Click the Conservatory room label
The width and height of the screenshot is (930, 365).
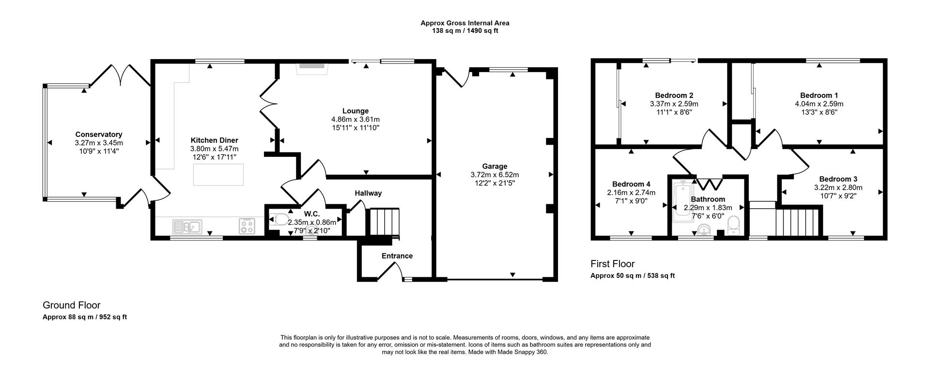pyautogui.click(x=98, y=135)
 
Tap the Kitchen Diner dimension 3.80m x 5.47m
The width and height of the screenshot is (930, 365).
pyautogui.click(x=214, y=149)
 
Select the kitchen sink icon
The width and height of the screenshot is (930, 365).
pyautogui.click(x=187, y=226)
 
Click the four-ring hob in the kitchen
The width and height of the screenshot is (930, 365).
pyautogui.click(x=247, y=226)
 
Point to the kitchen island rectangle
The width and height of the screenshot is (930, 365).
pyautogui.click(x=218, y=175)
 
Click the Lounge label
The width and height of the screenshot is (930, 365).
pyautogui.click(x=355, y=111)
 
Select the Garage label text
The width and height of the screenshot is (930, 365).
pyautogui.click(x=495, y=166)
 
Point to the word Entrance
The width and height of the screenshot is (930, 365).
pyautogui.click(x=397, y=256)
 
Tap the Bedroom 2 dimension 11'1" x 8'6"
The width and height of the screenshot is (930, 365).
pyautogui.click(x=674, y=112)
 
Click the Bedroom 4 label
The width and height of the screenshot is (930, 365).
pyautogui.click(x=631, y=184)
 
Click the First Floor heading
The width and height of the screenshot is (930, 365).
pyautogui.click(x=612, y=264)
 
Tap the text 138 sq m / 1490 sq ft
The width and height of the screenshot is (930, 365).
pyautogui.click(x=465, y=31)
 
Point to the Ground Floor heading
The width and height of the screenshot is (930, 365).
pyautogui.click(x=71, y=305)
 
